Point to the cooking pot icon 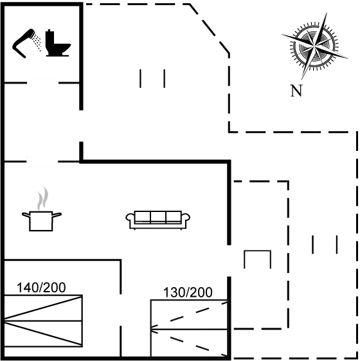coord(42,220)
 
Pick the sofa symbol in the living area coord(158,220)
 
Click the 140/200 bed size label coord(42,287)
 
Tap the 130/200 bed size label coord(188,293)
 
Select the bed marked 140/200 coord(42,319)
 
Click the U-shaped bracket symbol coord(257,260)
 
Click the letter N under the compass coord(296,91)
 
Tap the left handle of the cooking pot coord(24,213)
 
